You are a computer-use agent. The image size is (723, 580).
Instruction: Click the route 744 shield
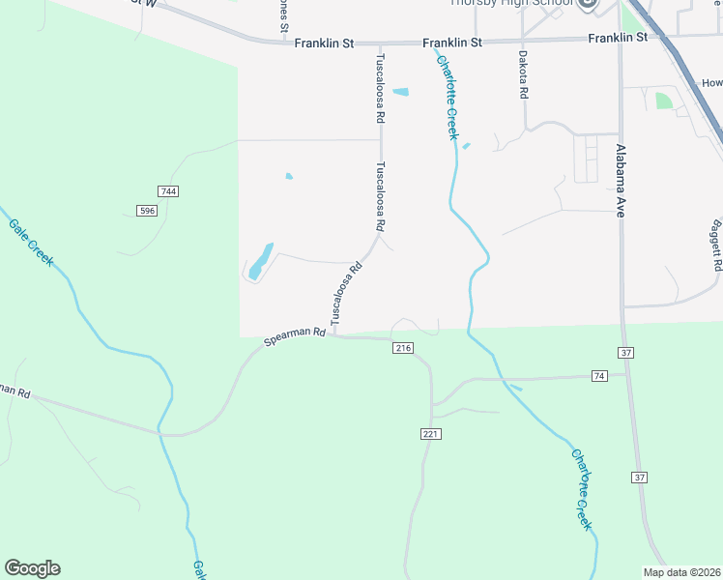tap(169, 192)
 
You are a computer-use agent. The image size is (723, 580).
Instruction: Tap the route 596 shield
tap(147, 211)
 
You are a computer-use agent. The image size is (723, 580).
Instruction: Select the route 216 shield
tap(403, 348)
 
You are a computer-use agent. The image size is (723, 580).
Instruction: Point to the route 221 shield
tap(431, 434)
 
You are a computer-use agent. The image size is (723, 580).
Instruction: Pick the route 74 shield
tap(599, 375)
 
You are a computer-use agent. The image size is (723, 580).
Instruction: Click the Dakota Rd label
tap(523, 75)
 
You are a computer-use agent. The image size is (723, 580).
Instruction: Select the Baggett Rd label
tap(716, 245)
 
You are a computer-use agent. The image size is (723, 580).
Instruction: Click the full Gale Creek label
tap(32, 242)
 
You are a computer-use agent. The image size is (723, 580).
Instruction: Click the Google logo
tap(32, 568)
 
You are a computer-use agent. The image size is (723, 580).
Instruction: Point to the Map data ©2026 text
tap(681, 572)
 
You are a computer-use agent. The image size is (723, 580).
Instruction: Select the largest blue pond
tap(260, 260)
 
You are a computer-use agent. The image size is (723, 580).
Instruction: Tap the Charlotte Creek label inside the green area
tap(581, 488)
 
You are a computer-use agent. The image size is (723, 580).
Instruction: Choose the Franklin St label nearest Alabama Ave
tap(617, 38)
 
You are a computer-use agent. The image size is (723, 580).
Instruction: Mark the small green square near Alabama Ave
tap(663, 101)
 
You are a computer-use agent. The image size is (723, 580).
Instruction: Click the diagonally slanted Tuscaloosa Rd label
tap(345, 291)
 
